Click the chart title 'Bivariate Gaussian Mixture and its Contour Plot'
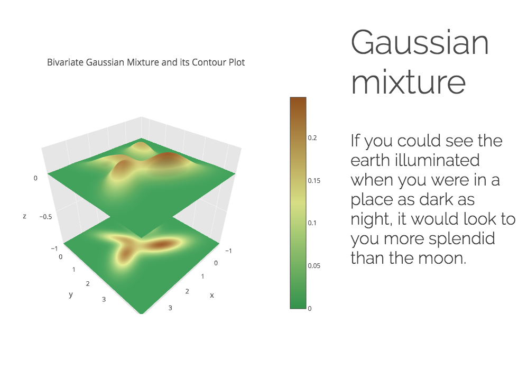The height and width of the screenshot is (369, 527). pyautogui.click(x=146, y=62)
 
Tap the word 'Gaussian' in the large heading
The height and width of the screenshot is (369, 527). pyautogui.click(x=420, y=42)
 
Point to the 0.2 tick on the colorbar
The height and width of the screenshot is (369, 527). pyautogui.click(x=312, y=138)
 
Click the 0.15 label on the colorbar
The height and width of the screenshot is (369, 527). pyautogui.click(x=314, y=180)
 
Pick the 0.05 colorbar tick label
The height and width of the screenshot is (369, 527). pyautogui.click(x=314, y=266)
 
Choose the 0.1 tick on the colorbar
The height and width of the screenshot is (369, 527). pyautogui.click(x=312, y=223)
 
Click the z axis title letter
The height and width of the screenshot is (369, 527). pyautogui.click(x=24, y=216)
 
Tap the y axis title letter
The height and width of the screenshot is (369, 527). pyautogui.click(x=71, y=295)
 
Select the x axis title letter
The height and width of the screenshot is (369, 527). pyautogui.click(x=212, y=295)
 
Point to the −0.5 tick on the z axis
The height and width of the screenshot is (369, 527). pyautogui.click(x=45, y=217)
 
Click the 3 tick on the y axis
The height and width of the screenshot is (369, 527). pyautogui.click(x=104, y=299)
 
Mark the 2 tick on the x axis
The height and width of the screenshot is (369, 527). pyautogui.click(x=187, y=291)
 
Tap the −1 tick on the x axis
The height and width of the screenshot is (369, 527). pyautogui.click(x=228, y=251)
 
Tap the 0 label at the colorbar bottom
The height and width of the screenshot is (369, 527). pyautogui.click(x=310, y=309)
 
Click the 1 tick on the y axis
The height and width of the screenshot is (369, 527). pyautogui.click(x=73, y=270)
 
